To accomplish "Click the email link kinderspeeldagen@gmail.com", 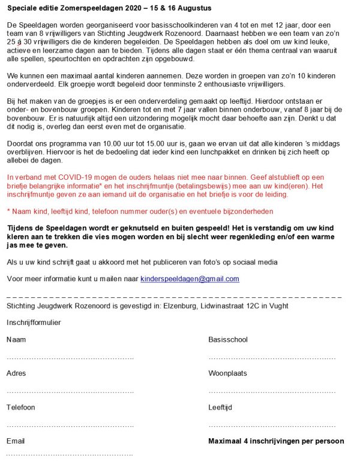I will pyautogui.click(x=190, y=279).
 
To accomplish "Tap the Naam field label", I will pyautogui.click(x=16, y=339).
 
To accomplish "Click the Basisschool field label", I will pyautogui.click(x=228, y=339).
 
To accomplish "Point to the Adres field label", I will pyautogui.click(x=16, y=373).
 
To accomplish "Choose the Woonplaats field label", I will pyautogui.click(x=227, y=373).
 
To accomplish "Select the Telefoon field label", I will pyautogui.click(x=21, y=407).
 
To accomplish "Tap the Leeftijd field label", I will pyautogui.click(x=220, y=407).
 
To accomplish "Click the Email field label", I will pyautogui.click(x=16, y=441).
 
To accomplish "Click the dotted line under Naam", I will pyautogui.click(x=70, y=358).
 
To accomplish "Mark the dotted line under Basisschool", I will pyautogui.click(x=271, y=358).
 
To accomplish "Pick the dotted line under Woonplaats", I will pyautogui.click(x=271, y=391).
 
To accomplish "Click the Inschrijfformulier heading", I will pyautogui.click(x=34, y=323).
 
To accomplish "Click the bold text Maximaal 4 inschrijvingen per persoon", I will pyautogui.click(x=276, y=441).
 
